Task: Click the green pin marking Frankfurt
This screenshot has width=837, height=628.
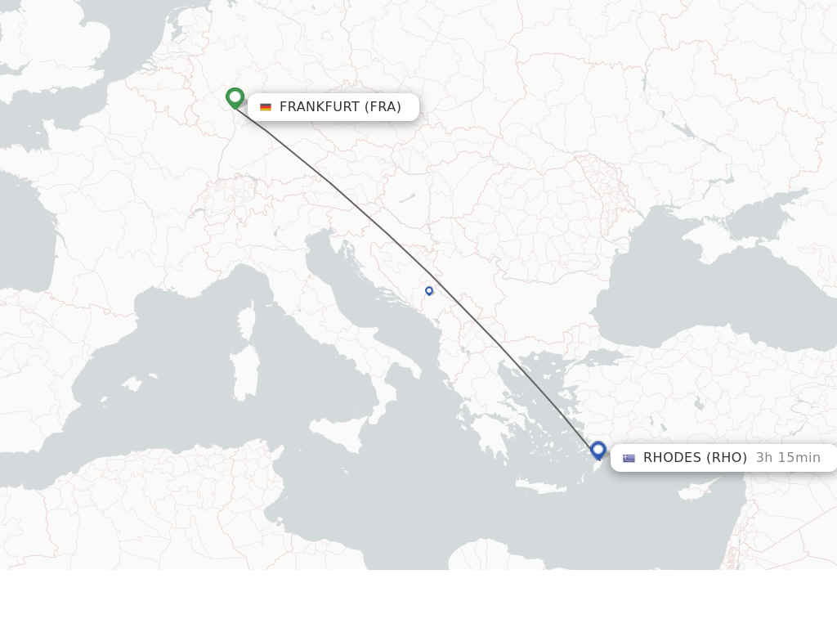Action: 235,98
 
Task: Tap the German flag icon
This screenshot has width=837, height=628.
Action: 266,107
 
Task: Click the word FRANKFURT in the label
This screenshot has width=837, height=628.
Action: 320,107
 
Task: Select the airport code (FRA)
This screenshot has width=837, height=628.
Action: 383,107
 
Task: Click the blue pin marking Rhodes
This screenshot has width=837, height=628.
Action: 598,450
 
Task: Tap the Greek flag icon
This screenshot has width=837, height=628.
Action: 629,458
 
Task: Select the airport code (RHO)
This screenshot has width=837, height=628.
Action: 728,458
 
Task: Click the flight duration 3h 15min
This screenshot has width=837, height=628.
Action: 788,458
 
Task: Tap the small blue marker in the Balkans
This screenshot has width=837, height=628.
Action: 429,290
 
